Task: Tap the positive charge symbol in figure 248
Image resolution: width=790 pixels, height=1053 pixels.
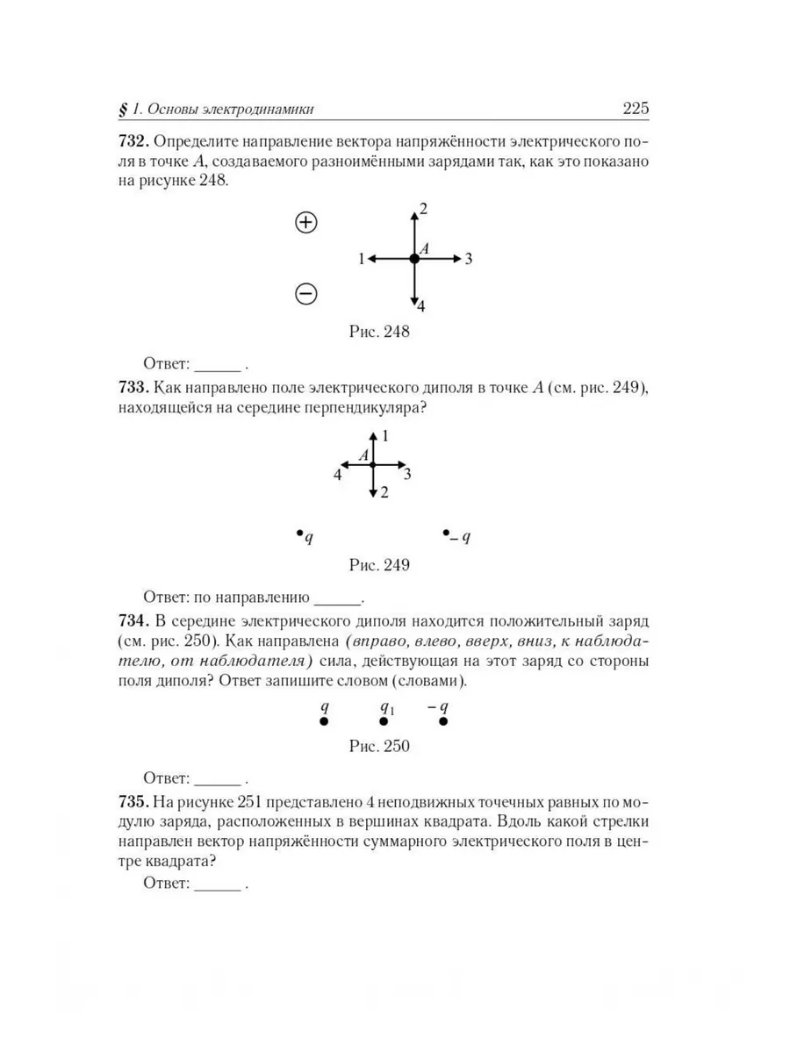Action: click(305, 222)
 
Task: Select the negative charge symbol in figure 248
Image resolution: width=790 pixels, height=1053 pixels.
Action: click(305, 294)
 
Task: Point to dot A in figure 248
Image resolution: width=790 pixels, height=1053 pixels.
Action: click(413, 259)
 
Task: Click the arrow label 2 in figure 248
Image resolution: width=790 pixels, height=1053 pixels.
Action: click(423, 209)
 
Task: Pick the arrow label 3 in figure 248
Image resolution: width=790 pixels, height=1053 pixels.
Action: click(470, 259)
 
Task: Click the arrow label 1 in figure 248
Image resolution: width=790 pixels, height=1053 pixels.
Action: click(361, 259)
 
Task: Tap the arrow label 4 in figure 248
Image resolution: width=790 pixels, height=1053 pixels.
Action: click(421, 306)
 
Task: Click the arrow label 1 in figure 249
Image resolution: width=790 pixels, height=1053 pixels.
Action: click(384, 435)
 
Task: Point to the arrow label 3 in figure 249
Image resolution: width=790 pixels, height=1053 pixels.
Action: click(407, 475)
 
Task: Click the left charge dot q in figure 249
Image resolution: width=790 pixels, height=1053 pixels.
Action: click(299, 533)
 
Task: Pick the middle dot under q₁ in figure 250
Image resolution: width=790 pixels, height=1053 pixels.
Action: click(384, 721)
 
